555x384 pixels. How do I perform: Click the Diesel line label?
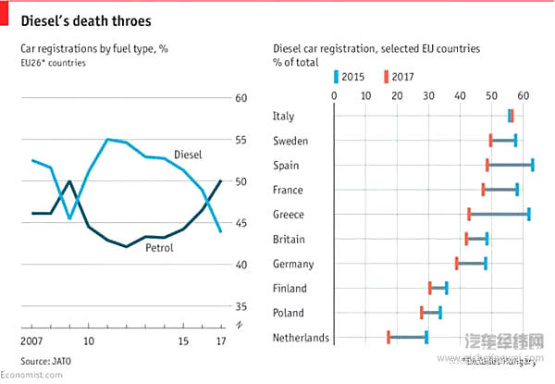189,154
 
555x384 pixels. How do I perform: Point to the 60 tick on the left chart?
240,98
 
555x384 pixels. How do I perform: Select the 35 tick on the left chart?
240,306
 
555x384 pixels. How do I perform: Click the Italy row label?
284,116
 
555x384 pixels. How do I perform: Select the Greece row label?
289,215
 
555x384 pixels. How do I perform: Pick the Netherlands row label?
301,338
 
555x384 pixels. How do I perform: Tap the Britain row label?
290,239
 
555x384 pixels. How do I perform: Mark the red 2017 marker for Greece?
469,214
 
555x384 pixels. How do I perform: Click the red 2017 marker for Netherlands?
388,337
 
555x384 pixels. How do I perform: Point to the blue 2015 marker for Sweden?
515,140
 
